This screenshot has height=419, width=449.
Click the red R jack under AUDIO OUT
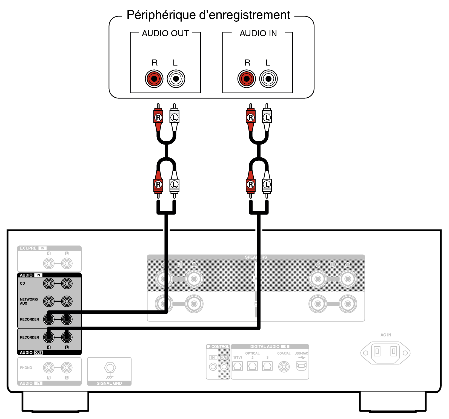154,79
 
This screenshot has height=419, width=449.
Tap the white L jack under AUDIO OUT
176,79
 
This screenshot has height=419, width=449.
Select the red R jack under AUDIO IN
247,79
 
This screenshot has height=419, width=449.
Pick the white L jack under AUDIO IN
268,79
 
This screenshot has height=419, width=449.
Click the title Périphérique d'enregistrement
208,15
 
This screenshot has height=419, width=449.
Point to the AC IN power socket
385,353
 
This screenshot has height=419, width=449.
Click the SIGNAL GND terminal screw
110,367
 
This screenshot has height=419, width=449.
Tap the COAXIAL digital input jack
284,366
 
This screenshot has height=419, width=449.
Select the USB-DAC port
301,366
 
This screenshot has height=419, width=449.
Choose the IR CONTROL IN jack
213,367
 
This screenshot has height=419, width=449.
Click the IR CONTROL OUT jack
224,367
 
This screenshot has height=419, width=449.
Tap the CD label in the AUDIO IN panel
22,284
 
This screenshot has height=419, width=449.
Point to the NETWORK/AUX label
29,301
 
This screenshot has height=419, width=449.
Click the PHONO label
26,368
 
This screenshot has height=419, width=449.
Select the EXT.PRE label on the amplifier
28,248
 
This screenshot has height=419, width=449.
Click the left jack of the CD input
49,284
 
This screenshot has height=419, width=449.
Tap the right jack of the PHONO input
67,368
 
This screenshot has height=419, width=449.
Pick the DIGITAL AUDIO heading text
265,347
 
